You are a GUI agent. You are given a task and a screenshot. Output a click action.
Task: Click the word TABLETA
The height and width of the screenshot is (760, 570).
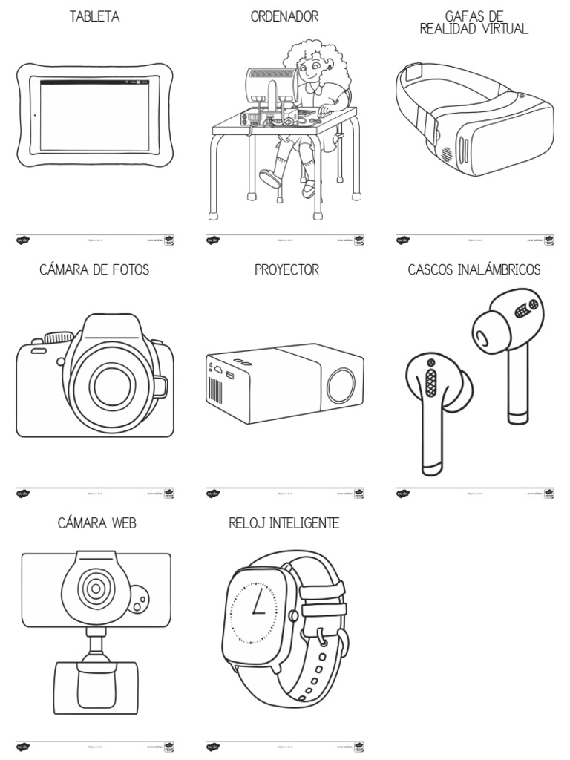point(94,16)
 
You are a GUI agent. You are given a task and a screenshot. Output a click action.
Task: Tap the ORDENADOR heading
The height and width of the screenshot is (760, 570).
point(284,16)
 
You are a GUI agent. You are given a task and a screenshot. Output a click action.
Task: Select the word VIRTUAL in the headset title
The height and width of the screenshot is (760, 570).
point(499,29)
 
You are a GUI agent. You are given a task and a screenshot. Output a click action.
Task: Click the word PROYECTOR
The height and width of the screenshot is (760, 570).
point(286,270)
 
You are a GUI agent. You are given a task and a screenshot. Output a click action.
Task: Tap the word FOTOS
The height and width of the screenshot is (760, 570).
point(129,270)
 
